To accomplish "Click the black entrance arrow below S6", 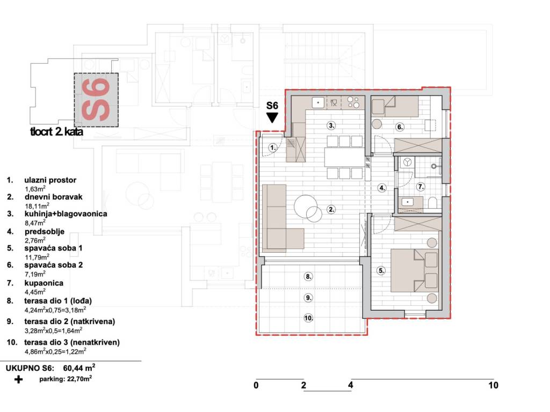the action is (x=272, y=117).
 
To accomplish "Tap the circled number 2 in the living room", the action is (x=331, y=210).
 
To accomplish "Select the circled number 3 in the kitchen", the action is (x=331, y=126).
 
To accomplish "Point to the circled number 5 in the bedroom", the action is (x=381, y=270).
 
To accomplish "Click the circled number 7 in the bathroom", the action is (x=421, y=187).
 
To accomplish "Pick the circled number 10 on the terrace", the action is (x=308, y=318).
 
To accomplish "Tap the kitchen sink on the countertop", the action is (x=319, y=102).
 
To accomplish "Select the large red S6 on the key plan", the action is (x=96, y=99).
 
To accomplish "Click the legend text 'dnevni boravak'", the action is (x=53, y=197).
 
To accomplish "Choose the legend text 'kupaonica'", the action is (x=44, y=283).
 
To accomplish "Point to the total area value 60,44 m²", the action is (x=79, y=368).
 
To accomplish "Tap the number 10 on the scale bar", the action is (x=493, y=385).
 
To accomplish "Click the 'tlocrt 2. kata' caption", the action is (x=57, y=132).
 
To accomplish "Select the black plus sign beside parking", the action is (x=18, y=379).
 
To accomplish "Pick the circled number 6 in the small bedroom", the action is (x=400, y=127).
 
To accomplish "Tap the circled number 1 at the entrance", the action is (x=273, y=148).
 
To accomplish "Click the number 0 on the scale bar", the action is (x=256, y=385).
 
